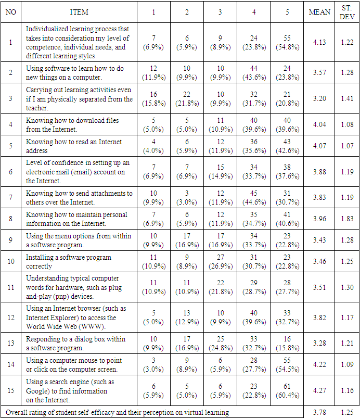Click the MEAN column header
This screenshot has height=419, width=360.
click(x=320, y=12)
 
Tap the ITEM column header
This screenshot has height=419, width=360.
click(x=79, y=12)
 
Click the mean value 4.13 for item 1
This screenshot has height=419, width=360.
click(x=320, y=42)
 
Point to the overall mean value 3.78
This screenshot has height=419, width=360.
click(x=320, y=413)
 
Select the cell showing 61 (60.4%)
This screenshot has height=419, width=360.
click(x=287, y=391)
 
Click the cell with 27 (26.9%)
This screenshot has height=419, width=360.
click(x=221, y=261)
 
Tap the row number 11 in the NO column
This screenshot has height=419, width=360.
click(x=10, y=287)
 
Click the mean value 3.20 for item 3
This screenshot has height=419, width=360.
click(x=320, y=99)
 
